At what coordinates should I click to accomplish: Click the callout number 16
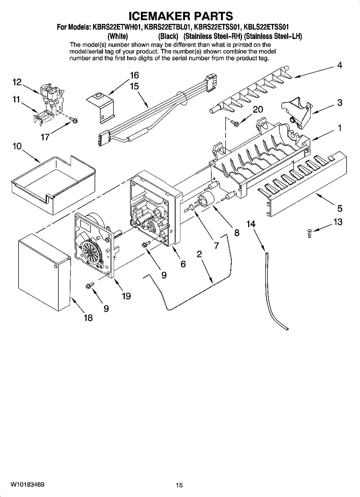point(134,75)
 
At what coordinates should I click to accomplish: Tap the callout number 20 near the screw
point(258,109)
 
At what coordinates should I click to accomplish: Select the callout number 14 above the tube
point(251,224)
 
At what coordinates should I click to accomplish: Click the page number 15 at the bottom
point(179,485)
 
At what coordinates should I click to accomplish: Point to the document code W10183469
point(27,484)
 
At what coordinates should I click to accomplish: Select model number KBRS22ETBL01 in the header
point(168,27)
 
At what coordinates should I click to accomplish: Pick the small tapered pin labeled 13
point(309,233)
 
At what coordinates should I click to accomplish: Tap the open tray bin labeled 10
point(54,185)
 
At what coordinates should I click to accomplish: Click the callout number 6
point(183,264)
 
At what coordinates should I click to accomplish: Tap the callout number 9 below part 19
point(106,308)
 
